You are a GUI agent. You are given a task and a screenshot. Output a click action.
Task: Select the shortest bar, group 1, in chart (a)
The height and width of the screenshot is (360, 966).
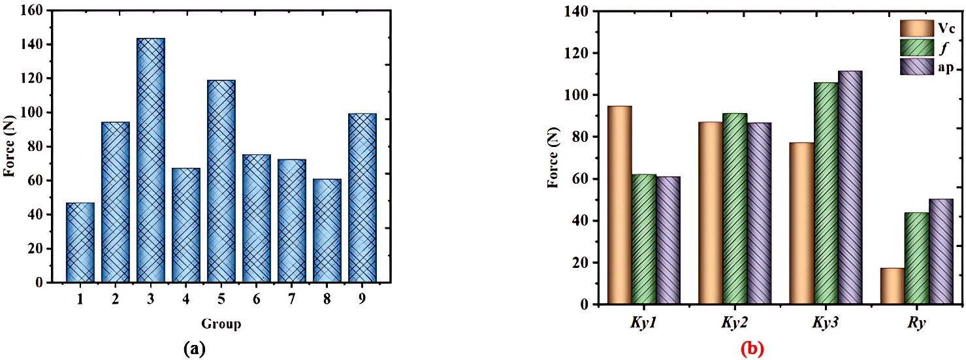pyautogui.click(x=80, y=242)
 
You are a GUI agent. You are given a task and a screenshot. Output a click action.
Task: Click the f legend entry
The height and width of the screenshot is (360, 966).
pyautogui.click(x=930, y=48)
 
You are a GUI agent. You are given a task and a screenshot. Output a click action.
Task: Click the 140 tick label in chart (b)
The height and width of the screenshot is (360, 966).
pyautogui.click(x=579, y=11)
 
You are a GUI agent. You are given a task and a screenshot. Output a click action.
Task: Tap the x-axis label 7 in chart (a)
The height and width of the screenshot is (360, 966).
pyautogui.click(x=292, y=298)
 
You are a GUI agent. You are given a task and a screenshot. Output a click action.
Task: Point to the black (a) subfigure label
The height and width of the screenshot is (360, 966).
pyautogui.click(x=195, y=349)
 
